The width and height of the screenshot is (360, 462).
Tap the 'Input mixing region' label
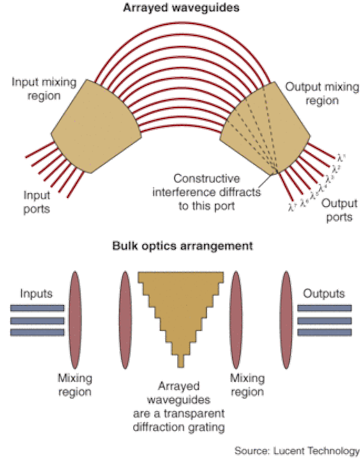pyautogui.click(x=44, y=89)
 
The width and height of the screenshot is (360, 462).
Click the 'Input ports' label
pyautogui.click(x=37, y=201)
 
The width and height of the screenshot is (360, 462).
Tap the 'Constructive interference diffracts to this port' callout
pyautogui.click(x=206, y=192)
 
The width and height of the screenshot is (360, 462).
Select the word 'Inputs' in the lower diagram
pyautogui.click(x=36, y=293)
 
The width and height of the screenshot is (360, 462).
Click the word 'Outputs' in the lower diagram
pyautogui.click(x=324, y=293)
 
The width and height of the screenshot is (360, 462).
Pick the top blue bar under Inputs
pyautogui.click(x=37, y=308)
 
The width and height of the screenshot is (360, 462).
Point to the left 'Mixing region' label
pyautogui.click(x=75, y=385)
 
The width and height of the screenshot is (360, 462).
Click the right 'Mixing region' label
pyautogui.click(x=247, y=385)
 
